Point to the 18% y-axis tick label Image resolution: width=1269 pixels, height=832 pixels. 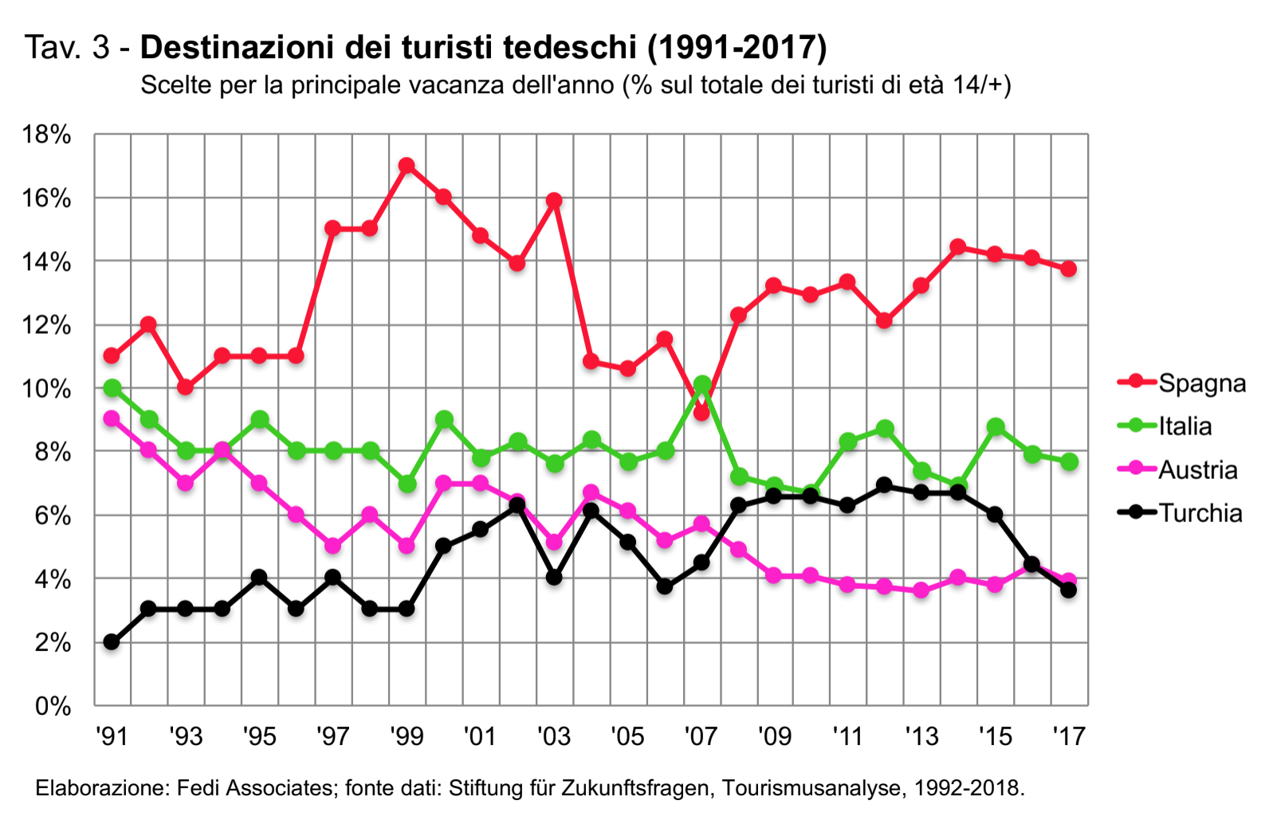point(46,135)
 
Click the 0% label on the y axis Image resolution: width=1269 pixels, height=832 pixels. point(53,706)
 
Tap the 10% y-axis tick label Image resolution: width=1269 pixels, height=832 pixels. point(46,389)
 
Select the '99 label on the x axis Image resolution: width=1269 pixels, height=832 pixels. point(406,736)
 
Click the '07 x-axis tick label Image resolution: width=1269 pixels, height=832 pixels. point(701,736)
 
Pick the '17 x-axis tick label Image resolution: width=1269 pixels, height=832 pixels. point(1069,736)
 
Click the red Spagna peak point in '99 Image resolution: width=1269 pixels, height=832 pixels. point(407,166)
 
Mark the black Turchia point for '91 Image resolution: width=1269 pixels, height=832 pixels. point(112,642)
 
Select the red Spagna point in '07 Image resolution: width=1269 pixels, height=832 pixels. point(701,413)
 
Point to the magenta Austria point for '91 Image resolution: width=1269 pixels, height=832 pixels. point(112,418)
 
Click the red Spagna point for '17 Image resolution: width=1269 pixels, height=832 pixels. point(1069,269)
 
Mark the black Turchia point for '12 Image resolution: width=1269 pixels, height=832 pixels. point(884,485)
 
